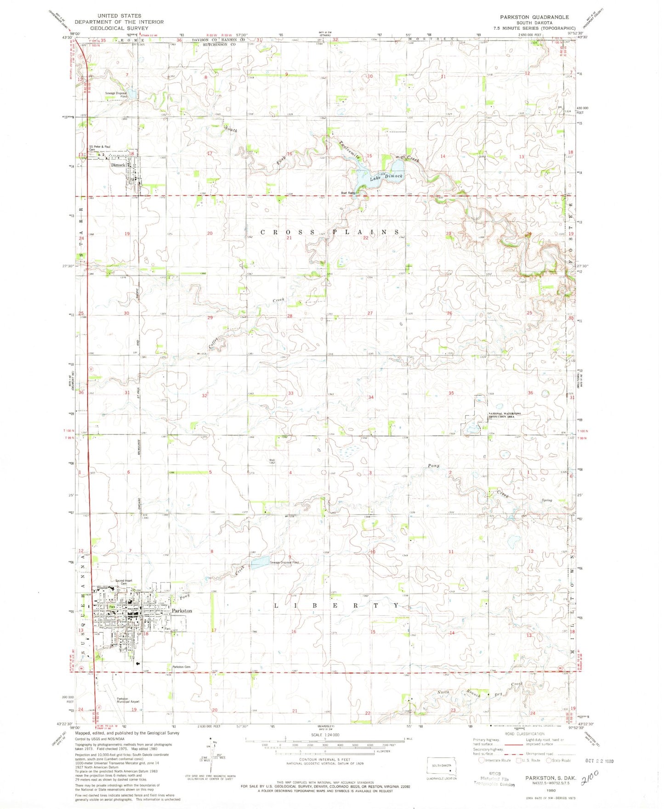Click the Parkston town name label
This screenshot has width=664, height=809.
tap(182, 611)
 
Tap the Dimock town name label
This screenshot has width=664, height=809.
tap(118, 165)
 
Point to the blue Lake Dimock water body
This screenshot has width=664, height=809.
tap(368, 177)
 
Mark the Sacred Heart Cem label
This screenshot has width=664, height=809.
tap(124, 582)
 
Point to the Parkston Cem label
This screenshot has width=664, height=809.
tap(181, 667)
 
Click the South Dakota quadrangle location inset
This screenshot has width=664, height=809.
tap(441, 765)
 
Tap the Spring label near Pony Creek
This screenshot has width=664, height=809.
tap(546, 500)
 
